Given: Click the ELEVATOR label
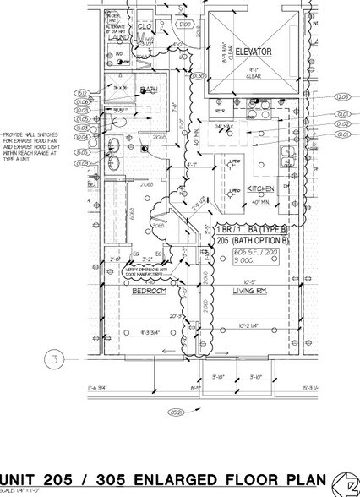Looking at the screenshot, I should (x=254, y=52).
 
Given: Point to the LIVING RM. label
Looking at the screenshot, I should (x=249, y=290).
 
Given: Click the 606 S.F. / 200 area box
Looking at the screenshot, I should (x=254, y=253).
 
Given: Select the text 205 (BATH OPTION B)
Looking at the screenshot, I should (x=252, y=240).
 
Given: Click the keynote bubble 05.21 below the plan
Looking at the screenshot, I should (x=177, y=415).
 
